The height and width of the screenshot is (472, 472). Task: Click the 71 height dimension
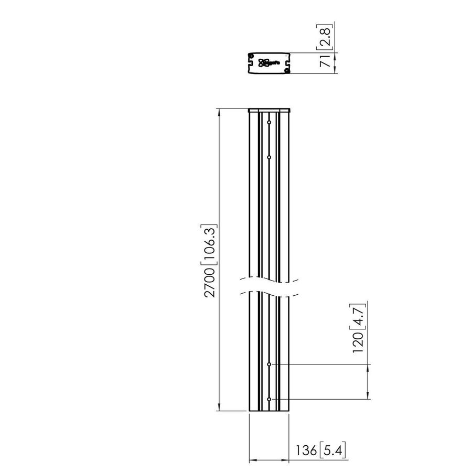coord(325,62)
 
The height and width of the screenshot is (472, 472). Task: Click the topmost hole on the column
coord(269,123)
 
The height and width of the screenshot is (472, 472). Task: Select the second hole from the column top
coord(269,157)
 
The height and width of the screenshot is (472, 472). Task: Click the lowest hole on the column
coord(269,399)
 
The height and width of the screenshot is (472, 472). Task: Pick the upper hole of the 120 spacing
coord(269,364)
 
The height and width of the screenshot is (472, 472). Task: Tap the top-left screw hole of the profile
coord(251,56)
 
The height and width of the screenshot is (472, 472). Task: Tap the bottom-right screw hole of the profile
coord(286,70)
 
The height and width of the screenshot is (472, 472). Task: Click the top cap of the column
coord(269,110)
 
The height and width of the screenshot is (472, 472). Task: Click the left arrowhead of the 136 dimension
coord(251,460)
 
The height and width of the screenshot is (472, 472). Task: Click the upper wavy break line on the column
coord(269,277)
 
